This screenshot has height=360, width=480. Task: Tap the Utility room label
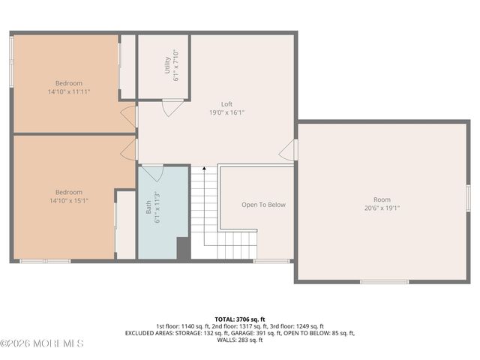point(167,66)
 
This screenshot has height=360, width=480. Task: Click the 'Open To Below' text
point(262,204)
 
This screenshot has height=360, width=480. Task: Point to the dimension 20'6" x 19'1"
point(382,208)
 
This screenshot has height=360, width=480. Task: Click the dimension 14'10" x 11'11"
point(68,91)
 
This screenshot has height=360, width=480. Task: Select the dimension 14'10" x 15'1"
point(68,200)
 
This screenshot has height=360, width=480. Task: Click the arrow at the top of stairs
point(204,169)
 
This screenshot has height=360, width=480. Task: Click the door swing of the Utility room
point(172,107)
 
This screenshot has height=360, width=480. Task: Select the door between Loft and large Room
point(289,150)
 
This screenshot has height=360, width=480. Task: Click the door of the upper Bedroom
point(129,115)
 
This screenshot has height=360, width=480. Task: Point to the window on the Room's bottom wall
point(383,281)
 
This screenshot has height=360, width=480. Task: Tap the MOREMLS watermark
point(42,343)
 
